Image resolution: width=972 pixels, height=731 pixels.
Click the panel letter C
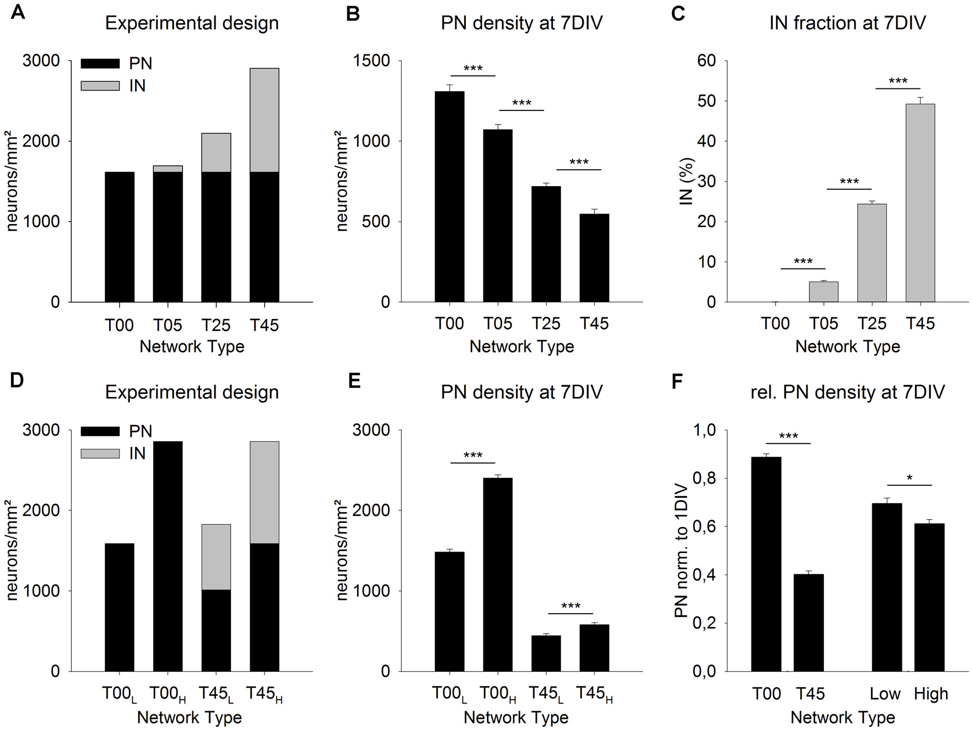click(678, 13)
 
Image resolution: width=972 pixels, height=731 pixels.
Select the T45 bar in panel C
click(920, 203)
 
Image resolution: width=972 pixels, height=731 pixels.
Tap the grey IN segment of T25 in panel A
click(216, 153)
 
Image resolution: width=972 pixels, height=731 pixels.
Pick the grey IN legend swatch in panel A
click(100, 86)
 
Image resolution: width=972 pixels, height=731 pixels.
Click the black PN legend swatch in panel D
click(100, 431)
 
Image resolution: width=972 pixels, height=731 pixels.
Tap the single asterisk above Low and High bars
click(909, 478)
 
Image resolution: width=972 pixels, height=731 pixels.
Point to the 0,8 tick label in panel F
click(705, 479)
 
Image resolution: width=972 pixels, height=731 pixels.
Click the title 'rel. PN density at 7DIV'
click(847, 392)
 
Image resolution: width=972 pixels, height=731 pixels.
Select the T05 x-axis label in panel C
click(823, 324)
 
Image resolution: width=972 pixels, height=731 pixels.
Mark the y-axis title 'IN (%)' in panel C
click(687, 181)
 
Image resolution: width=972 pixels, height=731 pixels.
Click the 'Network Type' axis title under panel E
click(516, 717)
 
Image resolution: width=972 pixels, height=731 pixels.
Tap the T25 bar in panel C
click(872, 253)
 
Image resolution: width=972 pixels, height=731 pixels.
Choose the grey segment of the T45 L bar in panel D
click(216, 556)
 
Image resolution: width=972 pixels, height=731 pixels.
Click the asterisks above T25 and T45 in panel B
click(579, 162)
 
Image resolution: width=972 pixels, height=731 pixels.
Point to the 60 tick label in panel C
click(707, 61)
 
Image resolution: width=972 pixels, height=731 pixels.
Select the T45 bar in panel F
click(809, 622)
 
